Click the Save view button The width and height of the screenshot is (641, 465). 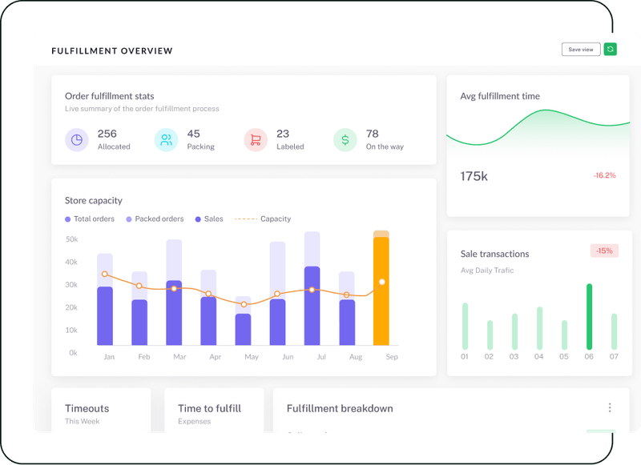coord(580,50)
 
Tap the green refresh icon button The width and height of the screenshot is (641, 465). coord(611,50)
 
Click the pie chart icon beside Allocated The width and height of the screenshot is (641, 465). coord(77,140)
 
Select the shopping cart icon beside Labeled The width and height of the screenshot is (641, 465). coord(256,140)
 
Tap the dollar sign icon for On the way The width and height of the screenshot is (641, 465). coord(345,140)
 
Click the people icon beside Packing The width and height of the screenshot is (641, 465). coord(166,140)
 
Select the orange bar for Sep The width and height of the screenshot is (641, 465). coord(381,292)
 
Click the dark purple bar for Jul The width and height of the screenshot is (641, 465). coord(312,306)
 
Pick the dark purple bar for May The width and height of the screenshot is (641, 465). coord(243,329)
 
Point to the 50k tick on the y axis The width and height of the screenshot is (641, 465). coord(71,239)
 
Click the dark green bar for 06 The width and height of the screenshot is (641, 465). coord(589,316)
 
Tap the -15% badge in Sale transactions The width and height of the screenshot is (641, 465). coord(603,251)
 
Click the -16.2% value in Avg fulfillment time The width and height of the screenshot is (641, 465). coord(604,175)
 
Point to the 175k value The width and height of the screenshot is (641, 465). coord(474,176)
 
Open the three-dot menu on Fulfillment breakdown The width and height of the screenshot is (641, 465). coord(610,408)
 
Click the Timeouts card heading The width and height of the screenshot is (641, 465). coord(87,408)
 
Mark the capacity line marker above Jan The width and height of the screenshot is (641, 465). coord(105,275)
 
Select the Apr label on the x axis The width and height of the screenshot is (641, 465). coord(216,357)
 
